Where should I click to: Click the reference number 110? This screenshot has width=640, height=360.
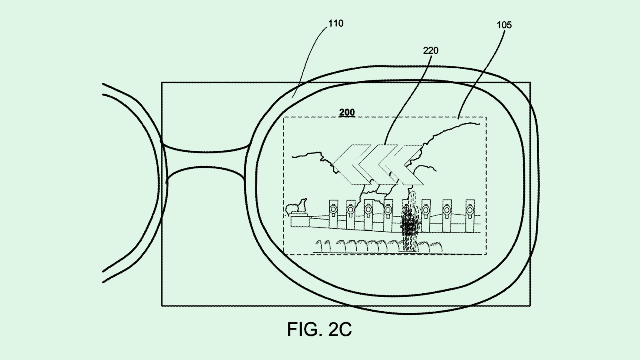tap(335, 23)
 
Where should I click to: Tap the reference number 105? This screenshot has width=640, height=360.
tap(504, 25)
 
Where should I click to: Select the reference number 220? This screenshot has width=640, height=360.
tap(430, 50)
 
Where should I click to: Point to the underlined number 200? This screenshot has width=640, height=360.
tap(347, 112)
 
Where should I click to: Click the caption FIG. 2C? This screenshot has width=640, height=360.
tap(319, 329)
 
